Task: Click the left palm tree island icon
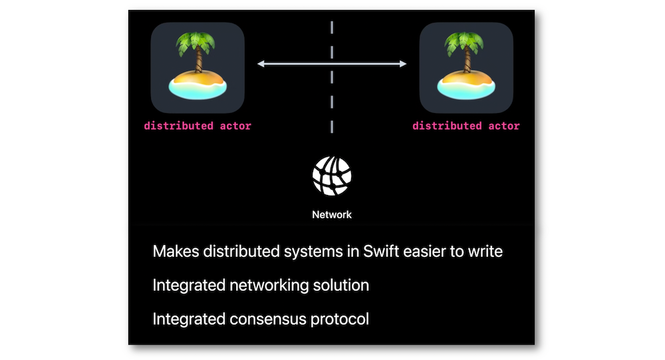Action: point(198,67)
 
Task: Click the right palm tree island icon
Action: point(466,67)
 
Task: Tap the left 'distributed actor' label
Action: point(198,126)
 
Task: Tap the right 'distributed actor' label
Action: point(466,126)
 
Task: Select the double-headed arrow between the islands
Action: point(332,64)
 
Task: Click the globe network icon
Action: point(332,176)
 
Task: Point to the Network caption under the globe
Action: point(332,215)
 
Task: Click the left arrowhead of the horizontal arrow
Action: point(260,64)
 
